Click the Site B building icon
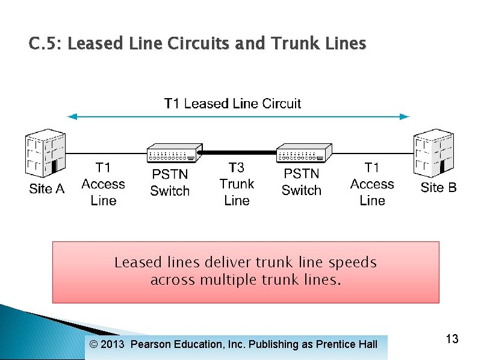[x=433, y=153]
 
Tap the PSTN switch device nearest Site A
[x=175, y=154]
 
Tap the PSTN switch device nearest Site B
[x=304, y=154]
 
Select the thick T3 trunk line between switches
[x=239, y=153]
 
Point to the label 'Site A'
[x=46, y=189]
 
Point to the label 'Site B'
[x=438, y=187]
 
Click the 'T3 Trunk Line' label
[x=237, y=184]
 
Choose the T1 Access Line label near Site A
[x=103, y=184]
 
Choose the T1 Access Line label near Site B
[x=372, y=184]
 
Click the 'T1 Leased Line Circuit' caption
[x=232, y=104]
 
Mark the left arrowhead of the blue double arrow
[x=70, y=117]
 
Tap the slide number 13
[x=452, y=340]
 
